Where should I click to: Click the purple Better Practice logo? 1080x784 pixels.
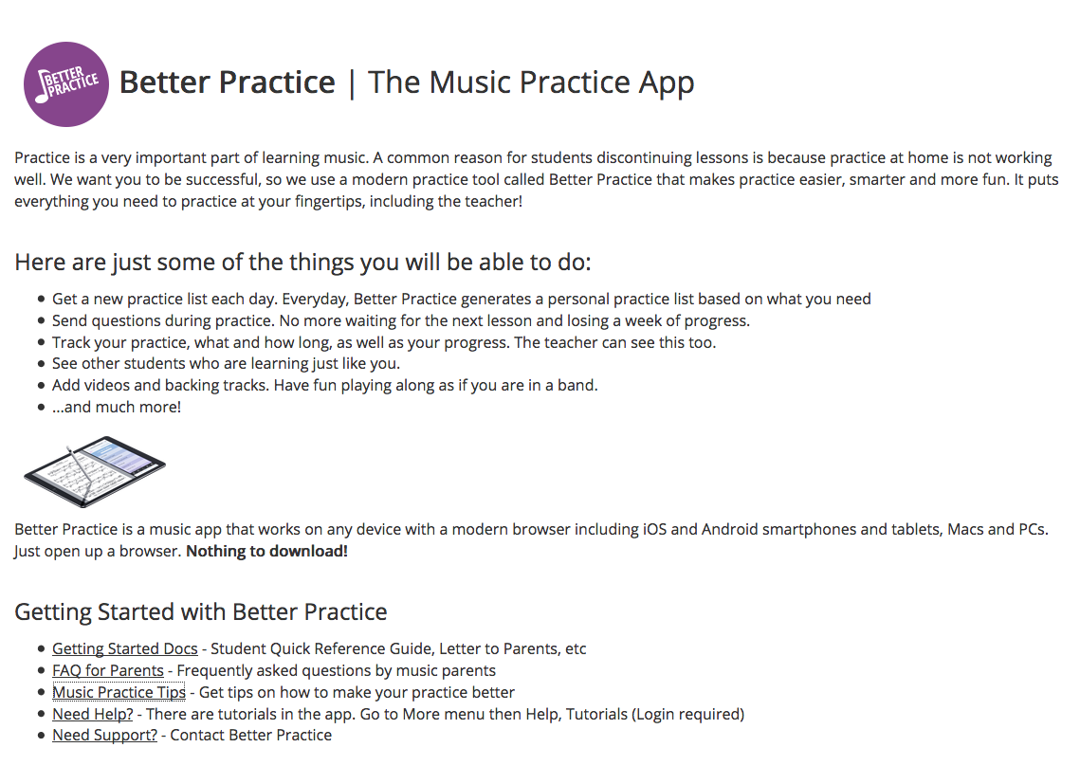pos(66,84)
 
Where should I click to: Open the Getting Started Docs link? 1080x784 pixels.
pos(124,649)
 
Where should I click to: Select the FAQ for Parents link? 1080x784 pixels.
pos(108,670)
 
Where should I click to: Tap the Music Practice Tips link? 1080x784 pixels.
pos(119,692)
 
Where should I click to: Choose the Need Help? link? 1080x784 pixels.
pos(93,714)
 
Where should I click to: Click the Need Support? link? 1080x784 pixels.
pos(104,735)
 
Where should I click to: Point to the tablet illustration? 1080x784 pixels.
pos(95,472)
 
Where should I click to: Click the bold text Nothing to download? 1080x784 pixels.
pos(267,551)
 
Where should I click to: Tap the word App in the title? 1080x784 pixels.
pos(666,83)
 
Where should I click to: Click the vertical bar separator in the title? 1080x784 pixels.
pos(352,83)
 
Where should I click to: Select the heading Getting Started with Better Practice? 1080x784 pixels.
pos(201,611)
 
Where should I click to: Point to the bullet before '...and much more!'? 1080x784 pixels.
pos(42,407)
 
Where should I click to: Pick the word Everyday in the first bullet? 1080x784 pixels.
pos(314,300)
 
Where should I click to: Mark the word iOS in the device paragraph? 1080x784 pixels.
pos(655,529)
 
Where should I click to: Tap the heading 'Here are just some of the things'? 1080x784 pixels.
pos(303,263)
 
